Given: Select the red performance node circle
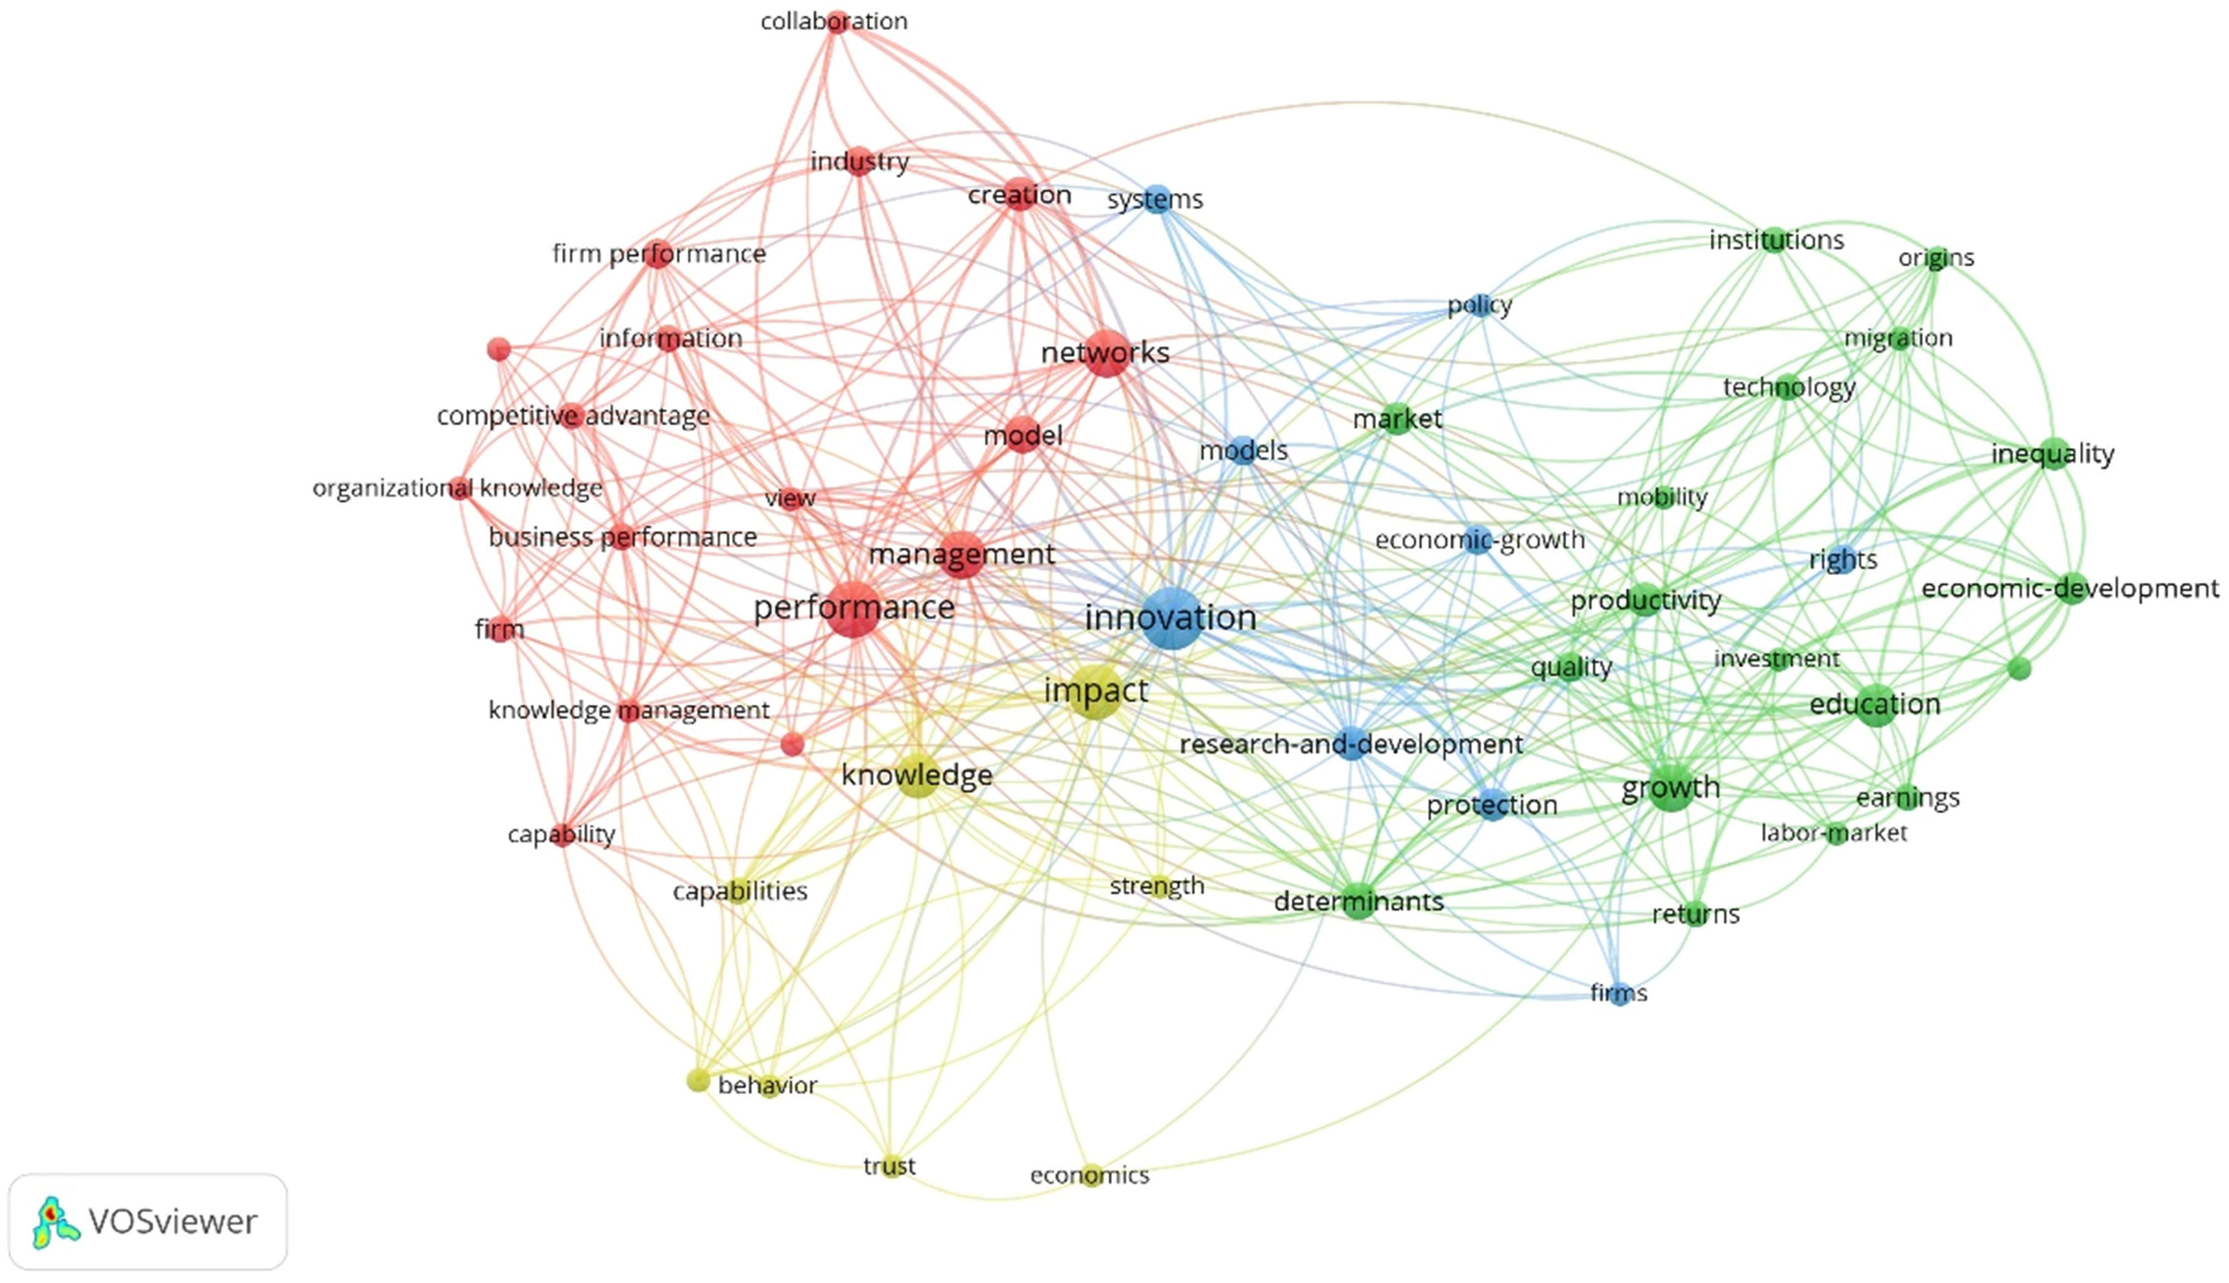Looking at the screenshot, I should coord(853,609).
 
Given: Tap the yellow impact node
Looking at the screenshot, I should coord(1095,692).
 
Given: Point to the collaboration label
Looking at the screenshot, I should coord(834,21).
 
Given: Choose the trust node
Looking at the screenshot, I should coord(890,1167).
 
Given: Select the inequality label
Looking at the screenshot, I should coord(2053,455).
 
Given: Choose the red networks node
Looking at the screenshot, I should coord(1106,353).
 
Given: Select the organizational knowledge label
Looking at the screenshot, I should coord(457,488).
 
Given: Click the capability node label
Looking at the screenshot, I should coord(561,835).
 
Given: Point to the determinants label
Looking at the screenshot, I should coord(1358,901).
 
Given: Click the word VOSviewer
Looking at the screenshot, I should coord(173,1222).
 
